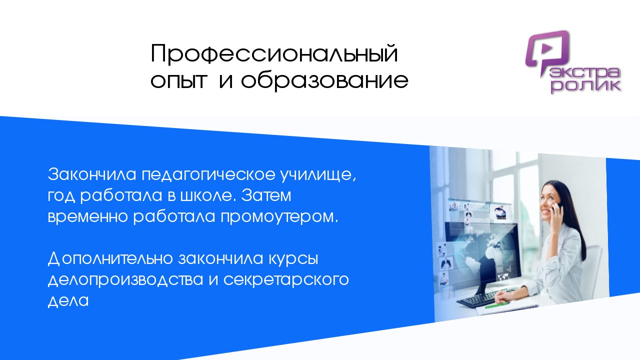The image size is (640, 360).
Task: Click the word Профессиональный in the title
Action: coord(274,53)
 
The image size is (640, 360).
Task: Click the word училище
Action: coord(318,175)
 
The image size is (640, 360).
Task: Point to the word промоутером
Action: coord(279,217)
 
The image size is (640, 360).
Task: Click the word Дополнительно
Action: coord(110,259)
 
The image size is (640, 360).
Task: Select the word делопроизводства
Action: coord(125,280)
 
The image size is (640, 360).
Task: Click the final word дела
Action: coord(68,301)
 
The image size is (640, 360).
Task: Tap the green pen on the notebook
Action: coord(497,305)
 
